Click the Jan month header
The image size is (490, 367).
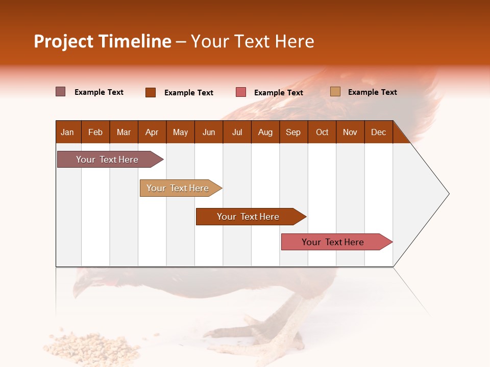(67, 132)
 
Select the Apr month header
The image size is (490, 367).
(152, 132)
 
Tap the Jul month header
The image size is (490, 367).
(237, 132)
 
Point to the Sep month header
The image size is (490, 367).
(293, 132)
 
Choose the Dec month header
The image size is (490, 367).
(378, 132)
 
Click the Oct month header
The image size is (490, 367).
(322, 132)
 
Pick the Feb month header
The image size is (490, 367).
(95, 132)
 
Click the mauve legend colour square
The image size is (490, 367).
(60, 92)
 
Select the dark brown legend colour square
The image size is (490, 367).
(151, 92)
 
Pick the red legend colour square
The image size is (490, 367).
(241, 92)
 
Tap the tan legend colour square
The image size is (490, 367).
(335, 92)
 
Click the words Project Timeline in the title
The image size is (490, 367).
(103, 41)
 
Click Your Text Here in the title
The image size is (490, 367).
(252, 41)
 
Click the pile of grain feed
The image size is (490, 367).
(94, 347)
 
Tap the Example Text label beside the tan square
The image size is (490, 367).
(372, 92)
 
